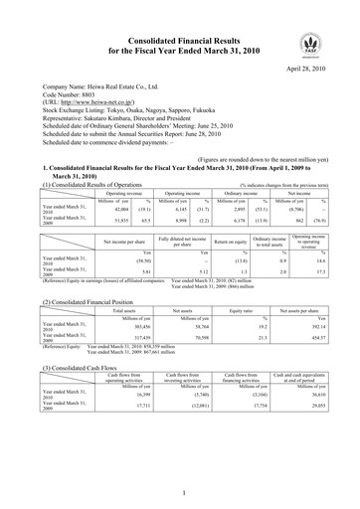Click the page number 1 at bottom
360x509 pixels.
180,491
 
